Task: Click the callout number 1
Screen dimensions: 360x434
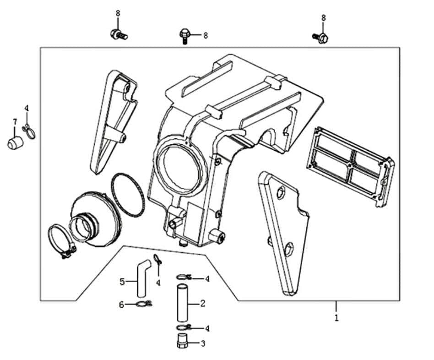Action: click(x=336, y=317)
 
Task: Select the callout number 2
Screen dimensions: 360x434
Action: click(x=202, y=303)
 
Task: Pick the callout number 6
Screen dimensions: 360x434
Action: click(x=122, y=305)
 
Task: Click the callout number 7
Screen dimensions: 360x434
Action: click(x=15, y=122)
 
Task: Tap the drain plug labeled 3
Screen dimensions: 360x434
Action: click(x=182, y=342)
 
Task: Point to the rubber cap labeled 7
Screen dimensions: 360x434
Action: click(x=15, y=142)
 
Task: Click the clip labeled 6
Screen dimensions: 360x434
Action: click(x=143, y=304)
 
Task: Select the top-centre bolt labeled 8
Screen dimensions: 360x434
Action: click(x=184, y=35)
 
